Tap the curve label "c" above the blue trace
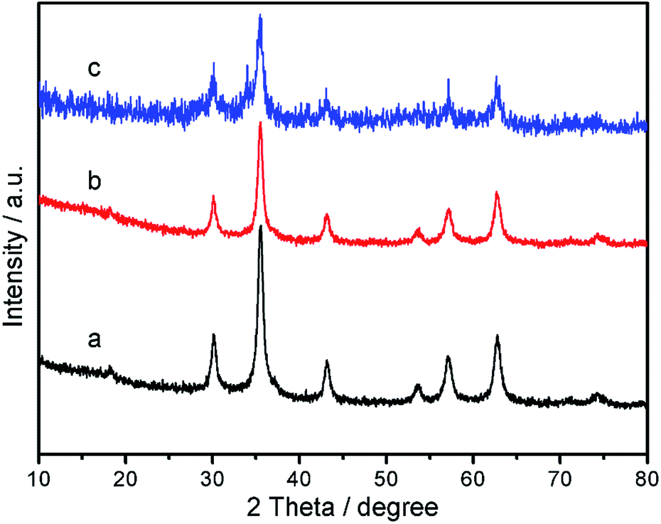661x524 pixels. coord(94,69)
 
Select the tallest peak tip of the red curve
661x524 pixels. coord(260,123)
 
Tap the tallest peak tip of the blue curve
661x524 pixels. coord(260,15)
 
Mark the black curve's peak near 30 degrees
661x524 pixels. coord(213,334)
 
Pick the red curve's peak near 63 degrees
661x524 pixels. coord(497,193)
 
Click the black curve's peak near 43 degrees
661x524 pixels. coord(327,362)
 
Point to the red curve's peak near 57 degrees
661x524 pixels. coord(448,210)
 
